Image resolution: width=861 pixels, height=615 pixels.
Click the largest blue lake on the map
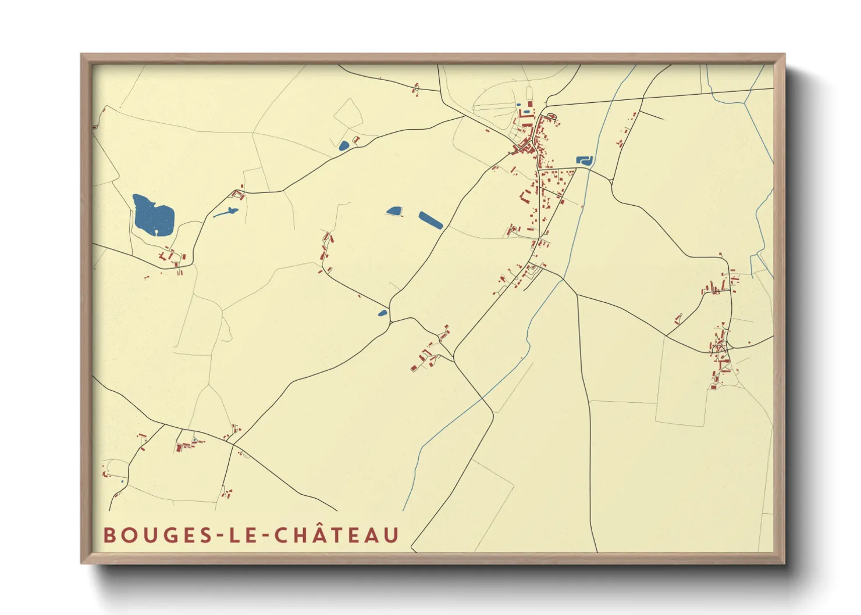coord(152,215)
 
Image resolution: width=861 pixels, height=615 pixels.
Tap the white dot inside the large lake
coord(156,232)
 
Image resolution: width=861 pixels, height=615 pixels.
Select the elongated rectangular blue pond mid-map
coord(430,220)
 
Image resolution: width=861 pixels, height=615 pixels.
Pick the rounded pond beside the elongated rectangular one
coord(394,210)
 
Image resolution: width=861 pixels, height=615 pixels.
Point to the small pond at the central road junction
coord(382,313)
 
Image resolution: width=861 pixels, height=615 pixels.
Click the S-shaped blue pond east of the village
coord(584,160)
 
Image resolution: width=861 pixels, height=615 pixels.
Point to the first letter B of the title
coord(109,535)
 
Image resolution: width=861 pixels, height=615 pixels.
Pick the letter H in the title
coord(298,535)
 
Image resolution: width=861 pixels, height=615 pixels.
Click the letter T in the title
coord(336,535)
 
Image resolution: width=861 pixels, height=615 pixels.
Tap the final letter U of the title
coord(392,535)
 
